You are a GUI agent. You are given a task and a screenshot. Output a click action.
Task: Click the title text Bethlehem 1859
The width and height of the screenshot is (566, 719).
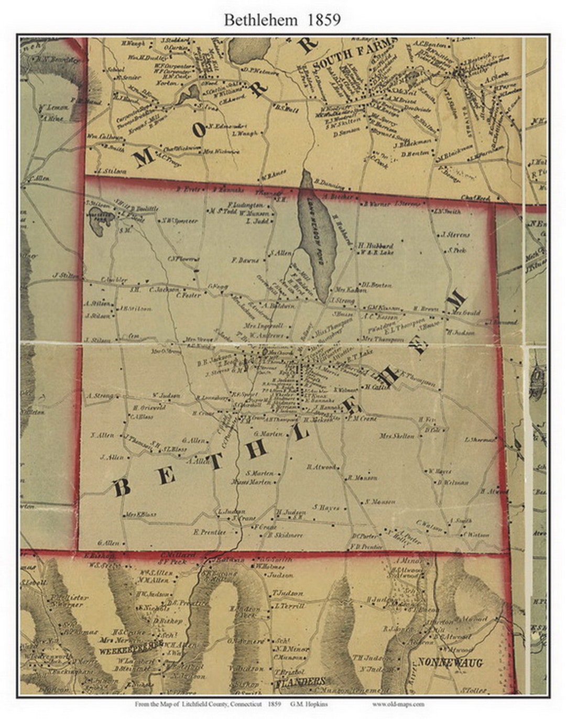282,20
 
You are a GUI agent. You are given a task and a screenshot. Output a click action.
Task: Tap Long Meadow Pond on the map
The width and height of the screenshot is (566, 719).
317,236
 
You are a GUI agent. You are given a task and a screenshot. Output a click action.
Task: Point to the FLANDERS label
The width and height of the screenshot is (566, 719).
300,682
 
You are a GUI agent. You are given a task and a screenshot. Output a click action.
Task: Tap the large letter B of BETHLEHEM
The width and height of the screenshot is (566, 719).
122,487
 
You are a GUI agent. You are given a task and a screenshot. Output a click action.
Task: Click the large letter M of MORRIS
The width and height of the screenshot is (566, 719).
145,157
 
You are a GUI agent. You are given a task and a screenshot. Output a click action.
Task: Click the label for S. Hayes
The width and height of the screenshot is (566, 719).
326,507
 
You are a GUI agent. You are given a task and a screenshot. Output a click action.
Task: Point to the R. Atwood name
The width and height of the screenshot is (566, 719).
321,466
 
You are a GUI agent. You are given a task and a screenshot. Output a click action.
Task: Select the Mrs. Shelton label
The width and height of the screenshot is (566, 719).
397,436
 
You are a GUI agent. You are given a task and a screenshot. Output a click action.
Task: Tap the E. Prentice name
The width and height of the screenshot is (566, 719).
209,532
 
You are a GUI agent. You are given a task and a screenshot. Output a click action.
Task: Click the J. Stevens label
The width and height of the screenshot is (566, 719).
455,235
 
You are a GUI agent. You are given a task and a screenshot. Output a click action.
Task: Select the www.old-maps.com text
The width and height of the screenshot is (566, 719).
399,705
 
